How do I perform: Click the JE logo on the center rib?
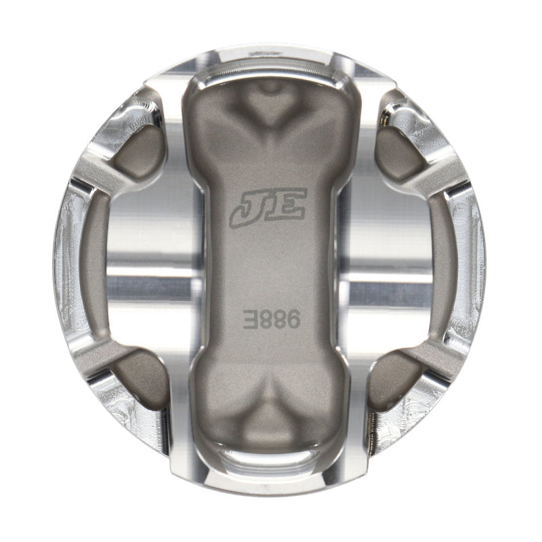pyautogui.click(x=268, y=206)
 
